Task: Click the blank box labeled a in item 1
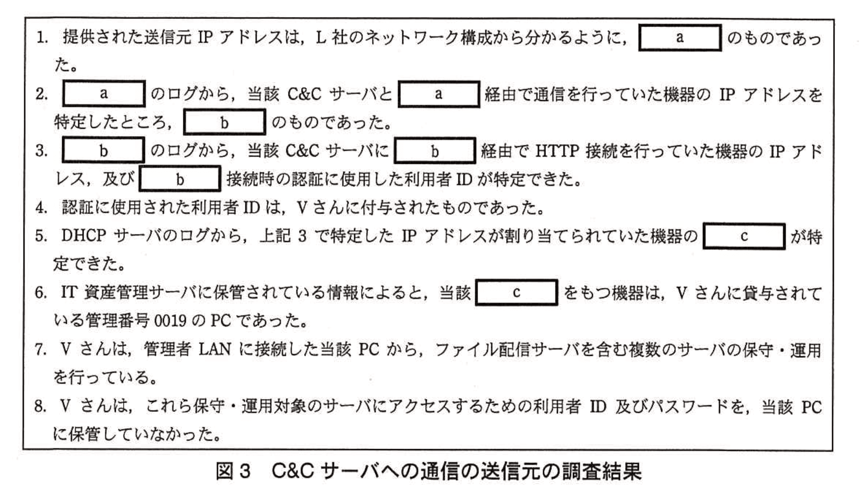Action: [679, 38]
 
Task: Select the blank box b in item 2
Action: [224, 122]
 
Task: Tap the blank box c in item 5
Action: [744, 237]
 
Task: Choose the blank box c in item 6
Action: [516, 292]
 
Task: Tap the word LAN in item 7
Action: [215, 349]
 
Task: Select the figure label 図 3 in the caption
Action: [233, 472]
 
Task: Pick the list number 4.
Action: [41, 208]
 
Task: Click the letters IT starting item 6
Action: [69, 292]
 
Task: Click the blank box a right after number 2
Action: [103, 94]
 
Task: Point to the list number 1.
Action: [42, 38]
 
